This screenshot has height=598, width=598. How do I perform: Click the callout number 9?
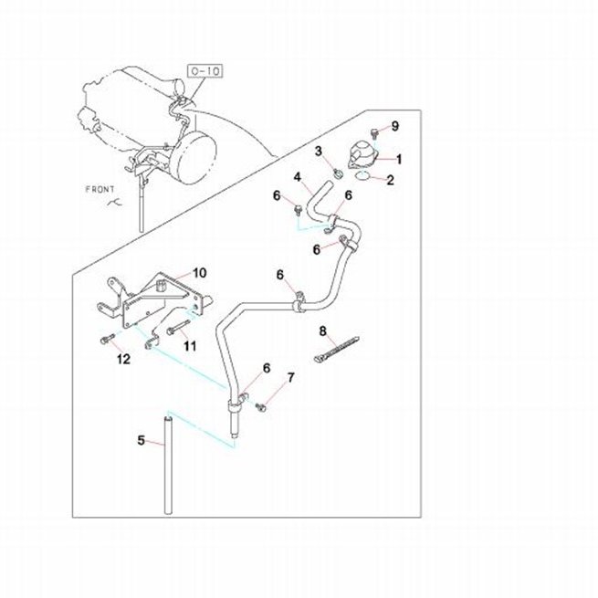tap(395, 126)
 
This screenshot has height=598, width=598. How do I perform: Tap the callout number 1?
tap(399, 159)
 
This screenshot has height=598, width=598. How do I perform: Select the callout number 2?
tap(390, 180)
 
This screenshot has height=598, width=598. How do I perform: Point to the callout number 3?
tap(319, 151)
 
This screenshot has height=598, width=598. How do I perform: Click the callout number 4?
tap(297, 177)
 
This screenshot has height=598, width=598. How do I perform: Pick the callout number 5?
tap(142, 440)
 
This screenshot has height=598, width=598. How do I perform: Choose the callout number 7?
tap(290, 378)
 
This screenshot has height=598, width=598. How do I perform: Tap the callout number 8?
tap(322, 330)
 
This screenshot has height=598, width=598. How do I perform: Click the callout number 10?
tap(199, 273)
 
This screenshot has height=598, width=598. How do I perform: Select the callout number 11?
tap(190, 345)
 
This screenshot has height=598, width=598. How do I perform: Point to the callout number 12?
tap(123, 359)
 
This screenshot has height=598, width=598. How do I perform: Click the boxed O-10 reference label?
tap(205, 71)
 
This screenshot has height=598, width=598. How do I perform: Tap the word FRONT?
tap(100, 189)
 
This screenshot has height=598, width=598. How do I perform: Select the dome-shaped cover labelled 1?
tap(362, 154)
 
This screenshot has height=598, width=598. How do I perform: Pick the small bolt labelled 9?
tap(374, 133)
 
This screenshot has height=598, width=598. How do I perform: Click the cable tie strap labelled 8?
tap(336, 349)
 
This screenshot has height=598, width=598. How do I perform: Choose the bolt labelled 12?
tap(107, 339)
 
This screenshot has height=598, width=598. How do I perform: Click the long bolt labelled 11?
tap(178, 327)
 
